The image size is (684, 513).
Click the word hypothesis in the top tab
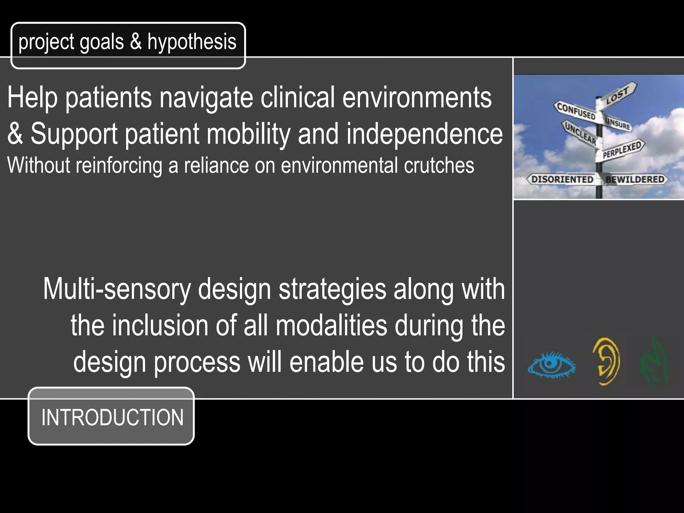click(x=192, y=42)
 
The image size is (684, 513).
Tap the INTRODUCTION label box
click(x=111, y=416)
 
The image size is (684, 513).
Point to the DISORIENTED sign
click(x=562, y=179)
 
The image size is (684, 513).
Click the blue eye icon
click(x=551, y=365)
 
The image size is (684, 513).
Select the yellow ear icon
click(x=606, y=361)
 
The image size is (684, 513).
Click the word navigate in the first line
click(x=206, y=98)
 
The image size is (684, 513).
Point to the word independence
click(x=424, y=134)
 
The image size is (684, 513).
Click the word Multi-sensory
click(x=117, y=289)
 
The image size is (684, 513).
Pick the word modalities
click(x=331, y=326)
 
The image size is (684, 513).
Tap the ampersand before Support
click(x=15, y=134)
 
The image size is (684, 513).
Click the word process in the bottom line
click(x=197, y=362)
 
